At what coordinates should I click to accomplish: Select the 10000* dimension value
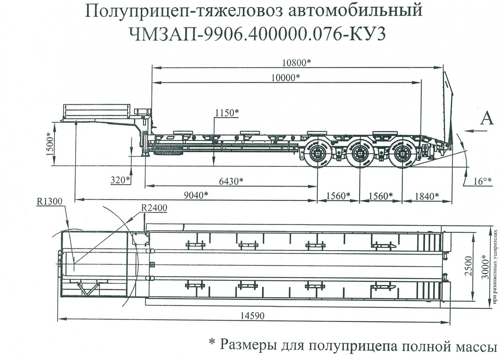pyautogui.click(x=285, y=77)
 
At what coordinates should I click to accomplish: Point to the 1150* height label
pyautogui.click(x=227, y=113)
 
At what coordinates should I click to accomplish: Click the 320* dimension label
pyautogui.click(x=121, y=180)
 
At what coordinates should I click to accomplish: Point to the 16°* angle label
pyautogui.click(x=483, y=181)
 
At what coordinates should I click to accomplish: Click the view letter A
pyautogui.click(x=487, y=119)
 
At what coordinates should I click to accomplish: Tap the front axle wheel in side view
pyautogui.click(x=317, y=154)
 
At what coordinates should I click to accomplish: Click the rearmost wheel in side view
pyautogui.click(x=402, y=153)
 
